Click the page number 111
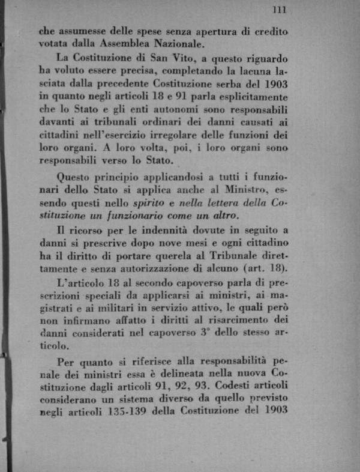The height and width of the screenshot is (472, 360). point(278,9)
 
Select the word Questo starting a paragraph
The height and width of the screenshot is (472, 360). point(75,177)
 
